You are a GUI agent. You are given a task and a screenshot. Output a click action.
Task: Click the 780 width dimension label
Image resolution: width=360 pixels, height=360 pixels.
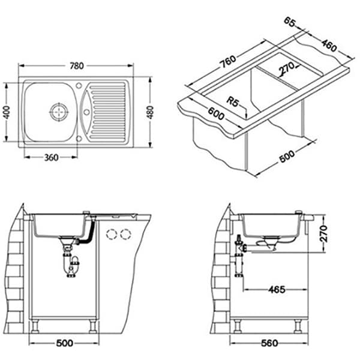click(x=77, y=66)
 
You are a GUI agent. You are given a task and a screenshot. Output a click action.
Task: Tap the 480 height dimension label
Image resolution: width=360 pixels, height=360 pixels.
click(x=150, y=112)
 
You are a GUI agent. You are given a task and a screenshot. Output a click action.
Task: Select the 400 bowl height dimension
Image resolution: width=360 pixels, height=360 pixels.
click(x=7, y=112)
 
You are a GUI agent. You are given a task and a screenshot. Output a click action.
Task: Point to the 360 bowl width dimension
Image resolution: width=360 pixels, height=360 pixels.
click(x=51, y=157)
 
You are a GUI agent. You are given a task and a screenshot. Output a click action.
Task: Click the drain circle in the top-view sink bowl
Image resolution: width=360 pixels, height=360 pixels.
click(x=59, y=112)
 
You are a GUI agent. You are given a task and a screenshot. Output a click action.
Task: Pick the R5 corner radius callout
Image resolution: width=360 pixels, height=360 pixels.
click(x=233, y=101)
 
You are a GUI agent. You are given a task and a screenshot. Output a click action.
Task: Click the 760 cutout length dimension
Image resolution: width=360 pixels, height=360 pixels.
click(x=227, y=61)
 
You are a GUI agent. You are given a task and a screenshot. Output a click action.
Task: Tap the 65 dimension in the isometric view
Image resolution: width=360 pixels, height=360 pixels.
click(x=289, y=22)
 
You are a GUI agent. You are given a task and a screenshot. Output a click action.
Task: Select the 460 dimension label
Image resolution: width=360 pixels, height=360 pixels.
click(x=329, y=46)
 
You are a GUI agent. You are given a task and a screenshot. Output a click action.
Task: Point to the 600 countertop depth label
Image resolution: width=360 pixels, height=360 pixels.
click(x=216, y=113)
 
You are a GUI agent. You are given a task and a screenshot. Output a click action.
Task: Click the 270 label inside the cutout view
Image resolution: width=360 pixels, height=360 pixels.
click(x=286, y=67)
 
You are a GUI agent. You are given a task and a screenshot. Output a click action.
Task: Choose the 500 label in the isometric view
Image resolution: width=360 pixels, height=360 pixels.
click(x=287, y=156)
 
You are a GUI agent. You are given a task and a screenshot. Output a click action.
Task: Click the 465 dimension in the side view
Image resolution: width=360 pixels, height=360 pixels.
click(x=277, y=290)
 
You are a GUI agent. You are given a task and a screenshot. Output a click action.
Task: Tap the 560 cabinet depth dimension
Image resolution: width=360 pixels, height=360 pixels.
click(x=269, y=343)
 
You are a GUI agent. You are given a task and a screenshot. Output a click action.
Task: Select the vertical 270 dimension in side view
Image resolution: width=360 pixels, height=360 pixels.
click(x=323, y=234)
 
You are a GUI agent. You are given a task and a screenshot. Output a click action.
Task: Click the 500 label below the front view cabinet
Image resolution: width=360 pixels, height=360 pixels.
click(x=65, y=343)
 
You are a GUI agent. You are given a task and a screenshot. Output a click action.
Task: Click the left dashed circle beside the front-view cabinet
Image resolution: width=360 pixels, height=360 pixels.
click(x=112, y=235)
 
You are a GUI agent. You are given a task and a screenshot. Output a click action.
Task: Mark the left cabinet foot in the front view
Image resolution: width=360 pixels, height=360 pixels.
click(x=35, y=326)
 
